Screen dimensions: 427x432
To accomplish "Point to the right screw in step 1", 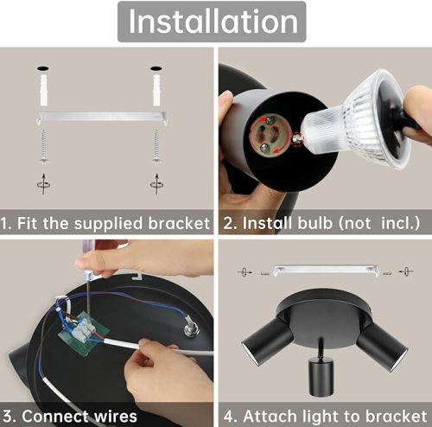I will pos(156,143).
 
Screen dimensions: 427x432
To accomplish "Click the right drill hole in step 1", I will pos(156,67).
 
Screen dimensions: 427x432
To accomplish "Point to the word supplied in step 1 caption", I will pos(107,223).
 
